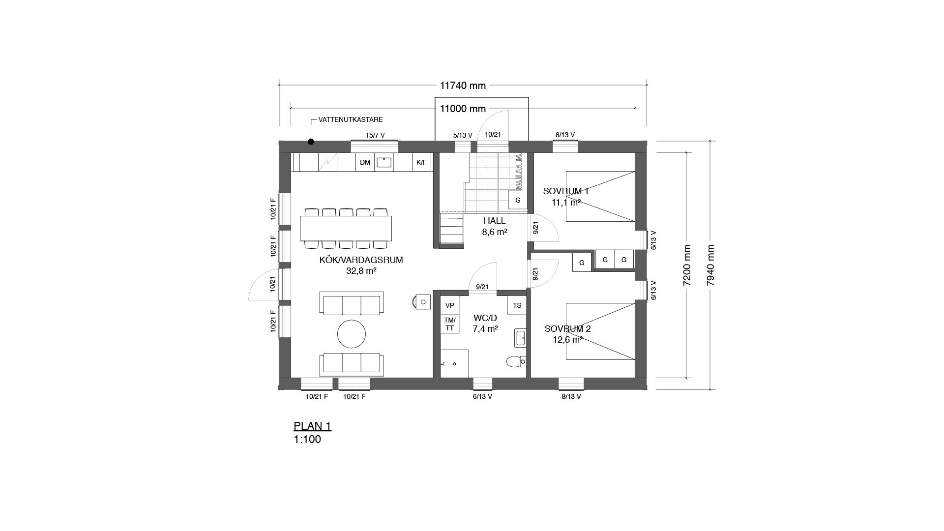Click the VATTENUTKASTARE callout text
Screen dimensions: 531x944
[351, 119]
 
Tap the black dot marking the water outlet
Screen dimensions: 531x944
[311, 142]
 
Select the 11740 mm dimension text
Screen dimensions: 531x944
[463, 86]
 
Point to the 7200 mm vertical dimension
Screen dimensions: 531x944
[687, 265]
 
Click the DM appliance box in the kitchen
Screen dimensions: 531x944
[365, 162]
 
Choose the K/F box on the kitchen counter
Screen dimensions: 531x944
[421, 162]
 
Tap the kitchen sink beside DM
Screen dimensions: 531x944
[384, 162]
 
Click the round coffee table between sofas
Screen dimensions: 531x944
[352, 334]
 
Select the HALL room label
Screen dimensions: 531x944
[494, 221]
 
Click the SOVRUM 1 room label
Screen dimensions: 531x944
[565, 191]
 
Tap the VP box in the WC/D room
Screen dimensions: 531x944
[449, 305]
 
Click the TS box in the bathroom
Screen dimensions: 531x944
[517, 305]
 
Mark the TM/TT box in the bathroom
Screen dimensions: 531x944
[449, 324]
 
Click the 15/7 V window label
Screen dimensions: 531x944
[375, 135]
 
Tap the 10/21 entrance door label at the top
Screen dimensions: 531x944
[493, 134]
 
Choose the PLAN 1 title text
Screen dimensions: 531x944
[312, 426]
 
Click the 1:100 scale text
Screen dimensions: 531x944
[307, 440]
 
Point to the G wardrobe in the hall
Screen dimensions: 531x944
[518, 201]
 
